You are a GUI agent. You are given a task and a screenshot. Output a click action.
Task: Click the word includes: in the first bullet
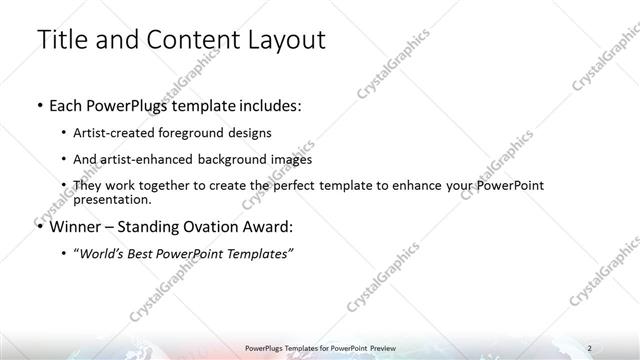(265, 104)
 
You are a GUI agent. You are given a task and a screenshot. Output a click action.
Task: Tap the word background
(232, 159)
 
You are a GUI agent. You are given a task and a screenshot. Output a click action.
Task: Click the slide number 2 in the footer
(589, 347)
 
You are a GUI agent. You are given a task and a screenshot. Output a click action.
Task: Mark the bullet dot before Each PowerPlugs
(38, 104)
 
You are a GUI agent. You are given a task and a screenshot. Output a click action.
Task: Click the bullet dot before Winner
(38, 225)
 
